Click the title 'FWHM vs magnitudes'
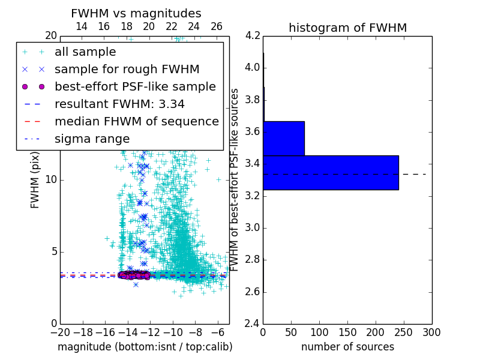point(136,14)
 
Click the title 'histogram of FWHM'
point(347,28)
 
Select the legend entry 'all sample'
point(85,52)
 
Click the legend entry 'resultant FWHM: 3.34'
point(119,104)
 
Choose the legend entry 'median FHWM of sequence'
point(136,121)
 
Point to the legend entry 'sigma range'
point(92,139)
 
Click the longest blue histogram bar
point(331,172)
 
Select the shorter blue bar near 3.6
point(284,138)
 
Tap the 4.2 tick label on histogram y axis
point(253,35)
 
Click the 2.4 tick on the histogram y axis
point(253,324)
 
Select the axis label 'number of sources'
point(347,347)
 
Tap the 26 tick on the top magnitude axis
point(217,26)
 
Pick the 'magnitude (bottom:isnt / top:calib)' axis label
point(145,347)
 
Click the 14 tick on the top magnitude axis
point(82,26)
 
